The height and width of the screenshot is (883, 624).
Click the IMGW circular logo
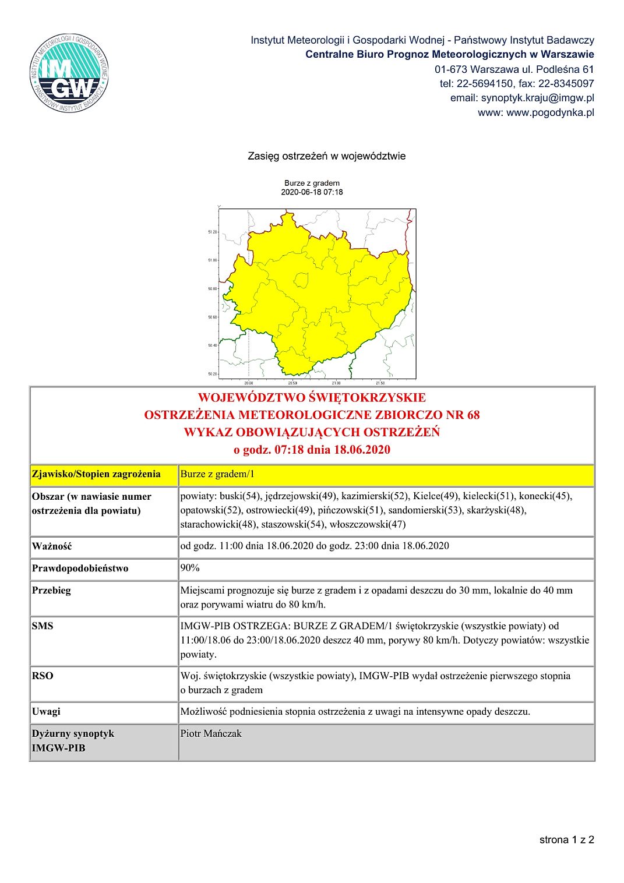click(69, 73)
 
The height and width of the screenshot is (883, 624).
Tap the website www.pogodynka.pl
click(550, 112)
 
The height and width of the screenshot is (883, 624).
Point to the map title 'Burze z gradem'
click(312, 183)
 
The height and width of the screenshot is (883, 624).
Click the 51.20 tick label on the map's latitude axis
click(212, 232)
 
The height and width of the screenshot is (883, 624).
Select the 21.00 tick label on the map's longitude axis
click(336, 383)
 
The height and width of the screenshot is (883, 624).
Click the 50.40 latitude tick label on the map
click(212, 345)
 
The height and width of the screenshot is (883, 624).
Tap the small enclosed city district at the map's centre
click(301, 281)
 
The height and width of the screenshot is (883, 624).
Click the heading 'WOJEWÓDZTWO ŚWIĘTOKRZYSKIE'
click(312, 398)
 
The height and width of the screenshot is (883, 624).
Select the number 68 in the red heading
click(473, 415)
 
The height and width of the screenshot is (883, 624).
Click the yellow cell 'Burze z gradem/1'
click(217, 474)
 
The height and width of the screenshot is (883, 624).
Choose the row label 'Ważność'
click(52, 546)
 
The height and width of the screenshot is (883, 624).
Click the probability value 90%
click(190, 568)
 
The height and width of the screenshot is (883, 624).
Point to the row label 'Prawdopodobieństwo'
click(80, 568)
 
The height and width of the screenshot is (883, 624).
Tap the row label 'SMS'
click(43, 626)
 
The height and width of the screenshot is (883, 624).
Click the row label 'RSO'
click(43, 676)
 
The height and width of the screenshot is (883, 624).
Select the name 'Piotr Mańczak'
click(210, 733)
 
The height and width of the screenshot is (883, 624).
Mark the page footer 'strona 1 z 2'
click(566, 839)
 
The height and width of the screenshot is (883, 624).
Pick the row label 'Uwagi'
click(46, 712)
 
